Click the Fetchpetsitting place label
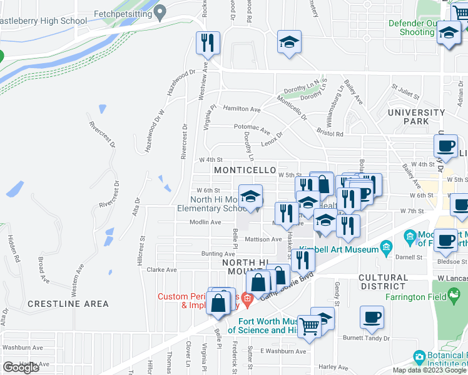point(123,12)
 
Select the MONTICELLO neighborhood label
point(245,170)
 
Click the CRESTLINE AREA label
point(68,304)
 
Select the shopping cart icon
point(309,326)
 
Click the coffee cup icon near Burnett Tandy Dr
point(372,317)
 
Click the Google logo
point(21,367)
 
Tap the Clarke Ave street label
point(162,270)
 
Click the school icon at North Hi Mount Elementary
point(250,196)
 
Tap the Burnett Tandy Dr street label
point(366,337)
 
